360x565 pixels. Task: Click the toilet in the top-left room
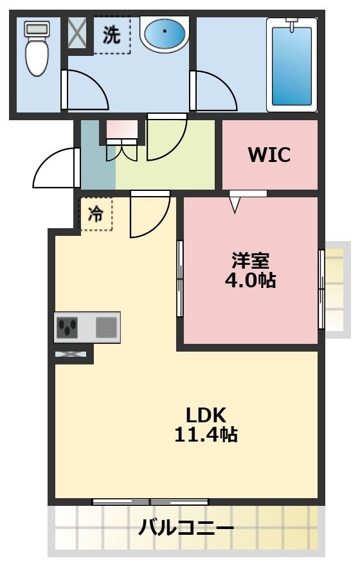point(37,48)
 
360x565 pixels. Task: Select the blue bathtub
point(291,65)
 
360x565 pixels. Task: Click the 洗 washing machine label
point(111,35)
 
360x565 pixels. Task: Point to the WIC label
point(269,154)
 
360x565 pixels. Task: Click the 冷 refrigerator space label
point(96,213)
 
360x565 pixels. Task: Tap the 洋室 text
point(251,260)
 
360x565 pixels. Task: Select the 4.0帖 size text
point(251,280)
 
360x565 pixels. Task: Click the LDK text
point(206,415)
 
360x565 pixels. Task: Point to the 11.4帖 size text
point(206,435)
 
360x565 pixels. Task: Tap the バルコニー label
point(186,528)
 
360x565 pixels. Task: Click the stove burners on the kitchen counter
point(67,327)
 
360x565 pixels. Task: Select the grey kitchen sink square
point(106,327)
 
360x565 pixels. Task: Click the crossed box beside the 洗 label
point(78,31)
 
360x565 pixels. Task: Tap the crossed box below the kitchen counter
point(71,354)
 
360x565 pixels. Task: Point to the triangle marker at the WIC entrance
point(235,204)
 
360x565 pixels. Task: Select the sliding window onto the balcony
point(150,501)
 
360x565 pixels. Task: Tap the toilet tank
point(37,28)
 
